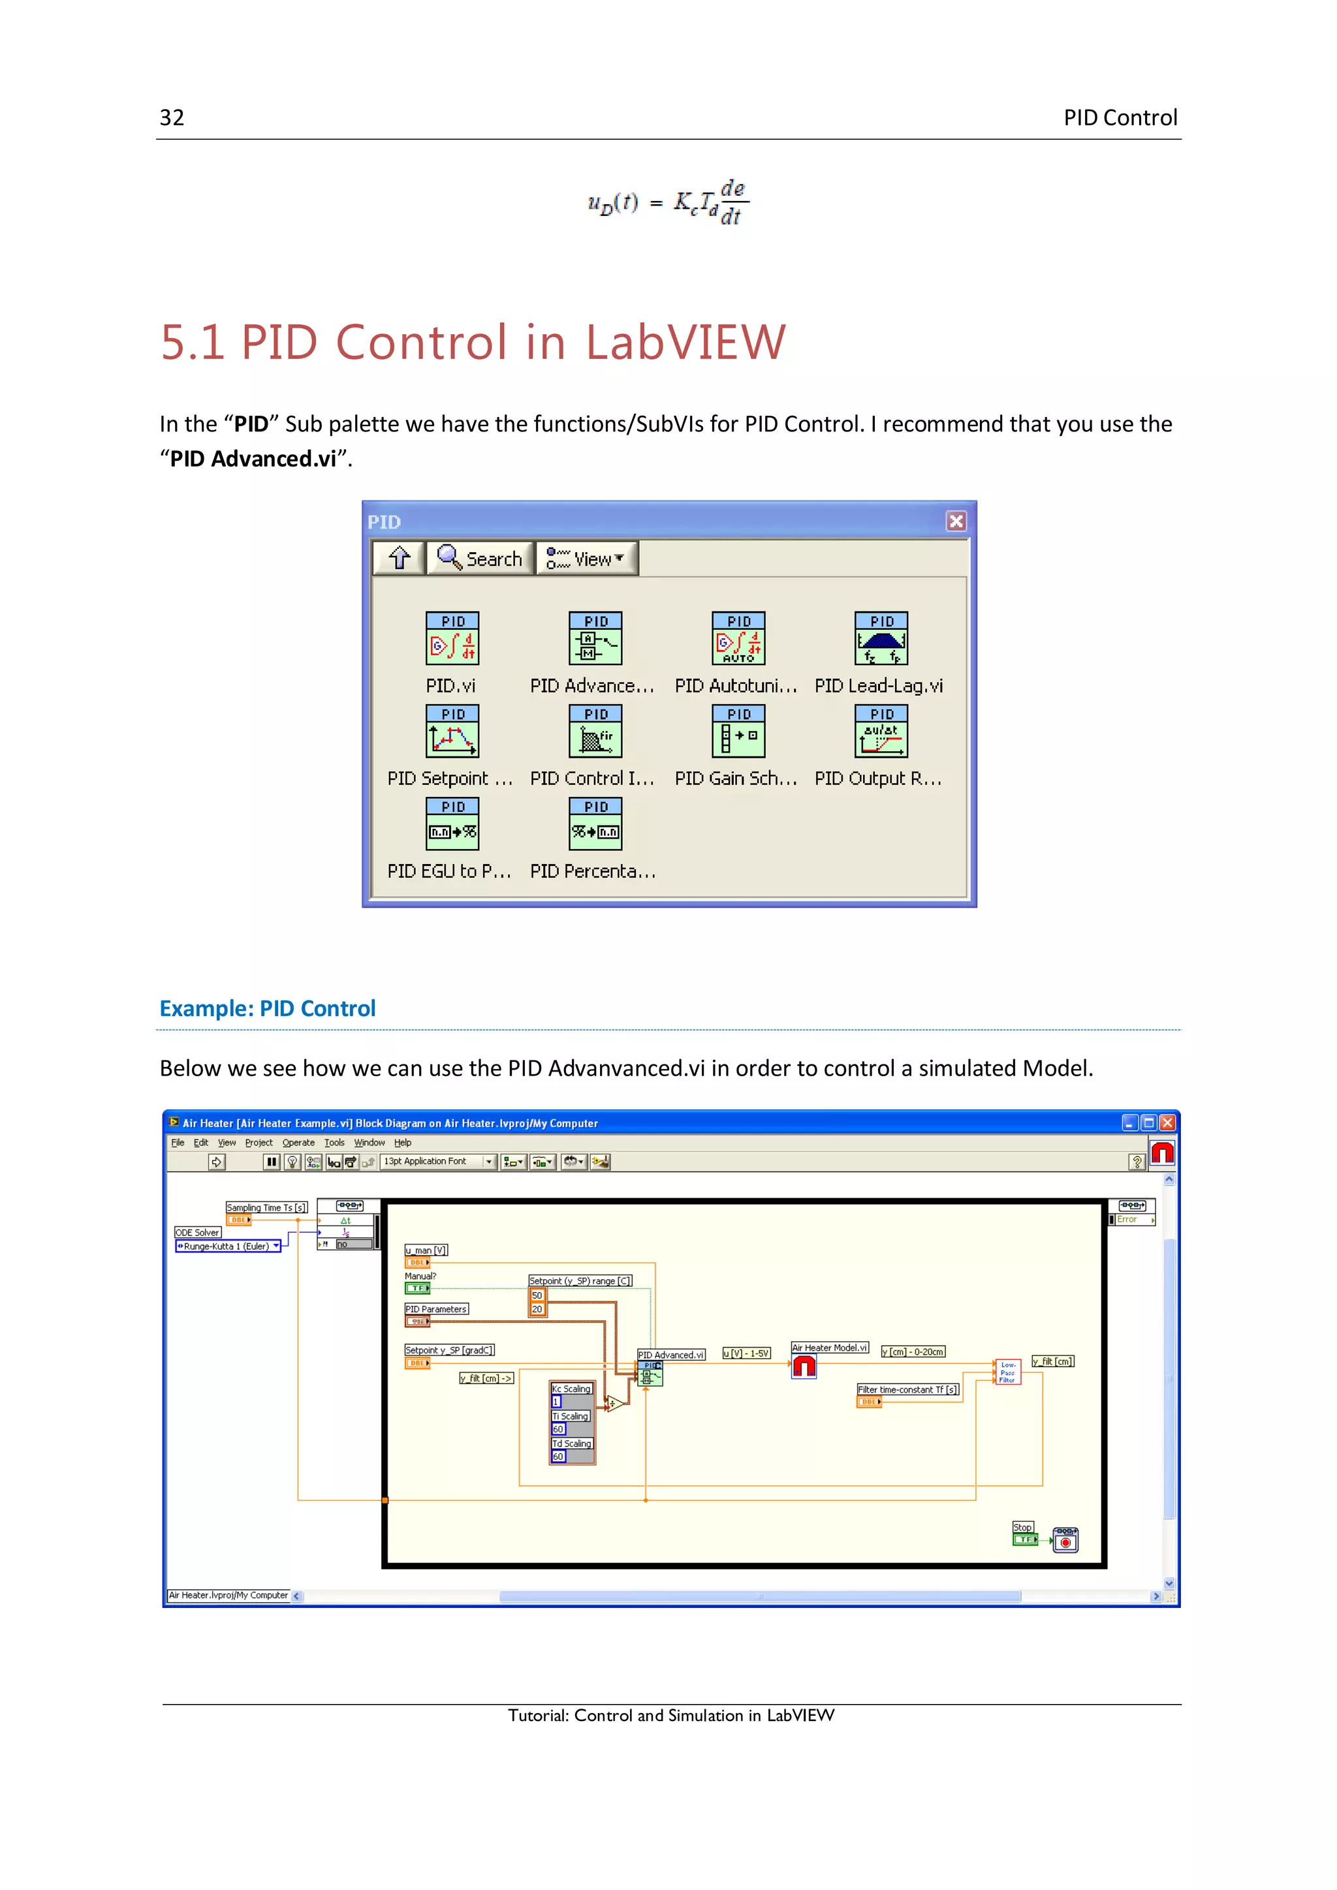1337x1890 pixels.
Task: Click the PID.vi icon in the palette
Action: [452, 638]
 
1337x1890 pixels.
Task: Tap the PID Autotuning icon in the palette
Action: [738, 638]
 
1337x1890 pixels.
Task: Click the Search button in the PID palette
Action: [480, 558]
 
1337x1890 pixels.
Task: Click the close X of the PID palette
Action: [955, 521]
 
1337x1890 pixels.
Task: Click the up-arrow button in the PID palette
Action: [400, 558]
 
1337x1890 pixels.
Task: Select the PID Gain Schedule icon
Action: [738, 731]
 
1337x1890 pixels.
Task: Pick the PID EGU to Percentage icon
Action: [452, 824]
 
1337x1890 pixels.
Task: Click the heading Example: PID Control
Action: [268, 1008]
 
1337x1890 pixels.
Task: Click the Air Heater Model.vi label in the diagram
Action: [829, 1348]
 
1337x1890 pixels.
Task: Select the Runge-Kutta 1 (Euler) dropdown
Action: [228, 1247]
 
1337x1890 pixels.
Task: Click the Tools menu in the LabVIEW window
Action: [334, 1143]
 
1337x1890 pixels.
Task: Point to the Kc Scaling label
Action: [571, 1389]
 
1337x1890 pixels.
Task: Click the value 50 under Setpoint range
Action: [537, 1295]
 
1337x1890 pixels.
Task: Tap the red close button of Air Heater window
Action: [1167, 1123]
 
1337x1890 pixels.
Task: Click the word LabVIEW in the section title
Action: [685, 343]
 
